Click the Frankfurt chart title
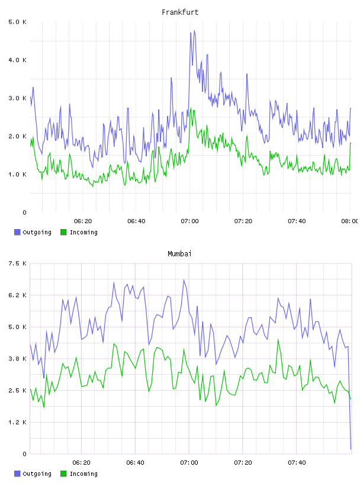pos(180,12)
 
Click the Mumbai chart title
pos(179,254)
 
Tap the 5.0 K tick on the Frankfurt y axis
pos(18,22)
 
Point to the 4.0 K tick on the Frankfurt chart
pos(18,60)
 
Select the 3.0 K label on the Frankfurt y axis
pos(18,98)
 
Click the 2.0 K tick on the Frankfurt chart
pos(18,137)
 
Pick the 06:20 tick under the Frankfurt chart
pos(83,221)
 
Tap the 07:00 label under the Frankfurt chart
pos(190,221)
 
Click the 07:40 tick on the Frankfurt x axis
pos(297,221)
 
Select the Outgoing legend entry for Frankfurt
pos(33,232)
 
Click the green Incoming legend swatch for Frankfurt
pos(63,232)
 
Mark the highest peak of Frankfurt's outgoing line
pos(194,31)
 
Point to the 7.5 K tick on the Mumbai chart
pos(18,263)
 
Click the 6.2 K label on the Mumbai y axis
pos(18,295)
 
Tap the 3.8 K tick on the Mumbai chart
pos(18,359)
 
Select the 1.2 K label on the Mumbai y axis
pos(18,422)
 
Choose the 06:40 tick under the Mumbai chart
pos(136,463)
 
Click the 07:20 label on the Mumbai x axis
pos(243,463)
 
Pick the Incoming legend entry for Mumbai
pos(79,474)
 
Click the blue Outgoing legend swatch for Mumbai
pos(17,474)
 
